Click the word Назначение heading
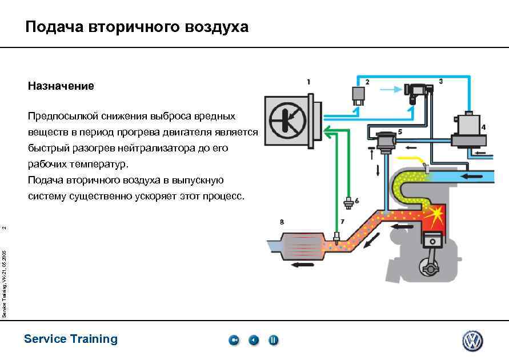pos(61,87)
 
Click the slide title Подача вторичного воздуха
pos(137,27)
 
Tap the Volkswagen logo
pos(472,341)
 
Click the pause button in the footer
pos(274,341)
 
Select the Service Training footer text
pos(71,339)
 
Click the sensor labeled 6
pos(348,202)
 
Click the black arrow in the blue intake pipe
pos(472,175)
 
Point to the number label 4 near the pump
pos(483,127)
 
